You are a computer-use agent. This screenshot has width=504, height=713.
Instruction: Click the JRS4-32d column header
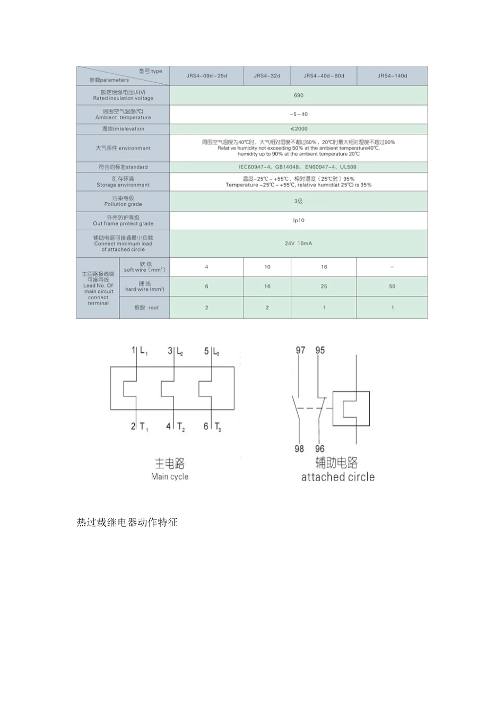267,76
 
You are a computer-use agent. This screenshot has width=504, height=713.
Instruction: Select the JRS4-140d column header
392,76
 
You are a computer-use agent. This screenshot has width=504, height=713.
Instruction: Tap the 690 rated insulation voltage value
298,95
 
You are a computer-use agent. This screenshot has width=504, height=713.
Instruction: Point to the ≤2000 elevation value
298,129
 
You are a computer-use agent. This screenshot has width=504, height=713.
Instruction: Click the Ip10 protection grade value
298,220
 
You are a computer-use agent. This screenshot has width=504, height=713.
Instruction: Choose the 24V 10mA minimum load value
298,244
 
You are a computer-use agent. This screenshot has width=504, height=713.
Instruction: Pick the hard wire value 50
392,286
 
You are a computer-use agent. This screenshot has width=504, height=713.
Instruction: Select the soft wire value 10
267,267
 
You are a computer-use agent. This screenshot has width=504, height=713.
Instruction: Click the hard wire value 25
324,286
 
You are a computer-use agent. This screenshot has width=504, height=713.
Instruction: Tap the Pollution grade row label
123,201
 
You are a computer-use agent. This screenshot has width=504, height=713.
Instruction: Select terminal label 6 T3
212,427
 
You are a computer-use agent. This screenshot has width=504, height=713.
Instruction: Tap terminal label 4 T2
176,427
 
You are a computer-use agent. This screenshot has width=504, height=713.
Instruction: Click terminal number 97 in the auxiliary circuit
300,350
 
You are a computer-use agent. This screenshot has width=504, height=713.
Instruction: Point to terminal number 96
319,449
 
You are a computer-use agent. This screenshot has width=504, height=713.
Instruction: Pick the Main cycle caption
170,476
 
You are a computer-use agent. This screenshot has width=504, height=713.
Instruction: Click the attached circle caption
338,477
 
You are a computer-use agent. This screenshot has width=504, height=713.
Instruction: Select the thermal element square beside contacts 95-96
351,408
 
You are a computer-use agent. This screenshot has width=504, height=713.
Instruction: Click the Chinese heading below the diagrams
127,523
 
